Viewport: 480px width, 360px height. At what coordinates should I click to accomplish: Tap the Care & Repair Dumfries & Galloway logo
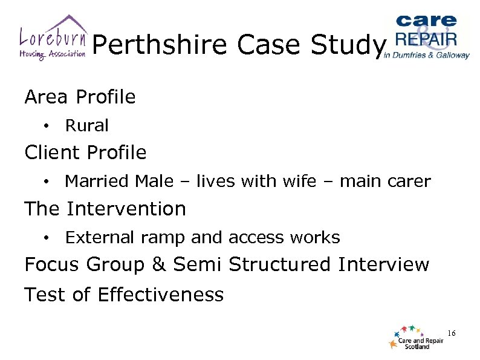(x=427, y=36)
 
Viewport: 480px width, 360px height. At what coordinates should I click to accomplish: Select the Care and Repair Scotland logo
(x=417, y=338)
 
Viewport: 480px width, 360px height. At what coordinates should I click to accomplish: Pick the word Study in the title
(x=351, y=45)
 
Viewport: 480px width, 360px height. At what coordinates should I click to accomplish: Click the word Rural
(x=86, y=126)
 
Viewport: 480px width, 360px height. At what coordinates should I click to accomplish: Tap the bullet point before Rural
(x=46, y=126)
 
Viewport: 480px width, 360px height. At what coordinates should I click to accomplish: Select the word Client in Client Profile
(x=53, y=152)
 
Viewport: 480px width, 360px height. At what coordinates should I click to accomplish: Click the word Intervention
(x=126, y=209)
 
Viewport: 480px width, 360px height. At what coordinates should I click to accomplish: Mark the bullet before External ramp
(x=46, y=237)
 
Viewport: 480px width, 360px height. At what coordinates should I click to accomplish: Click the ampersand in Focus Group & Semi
(x=159, y=265)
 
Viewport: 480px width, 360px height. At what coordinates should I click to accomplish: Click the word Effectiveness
(x=160, y=295)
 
